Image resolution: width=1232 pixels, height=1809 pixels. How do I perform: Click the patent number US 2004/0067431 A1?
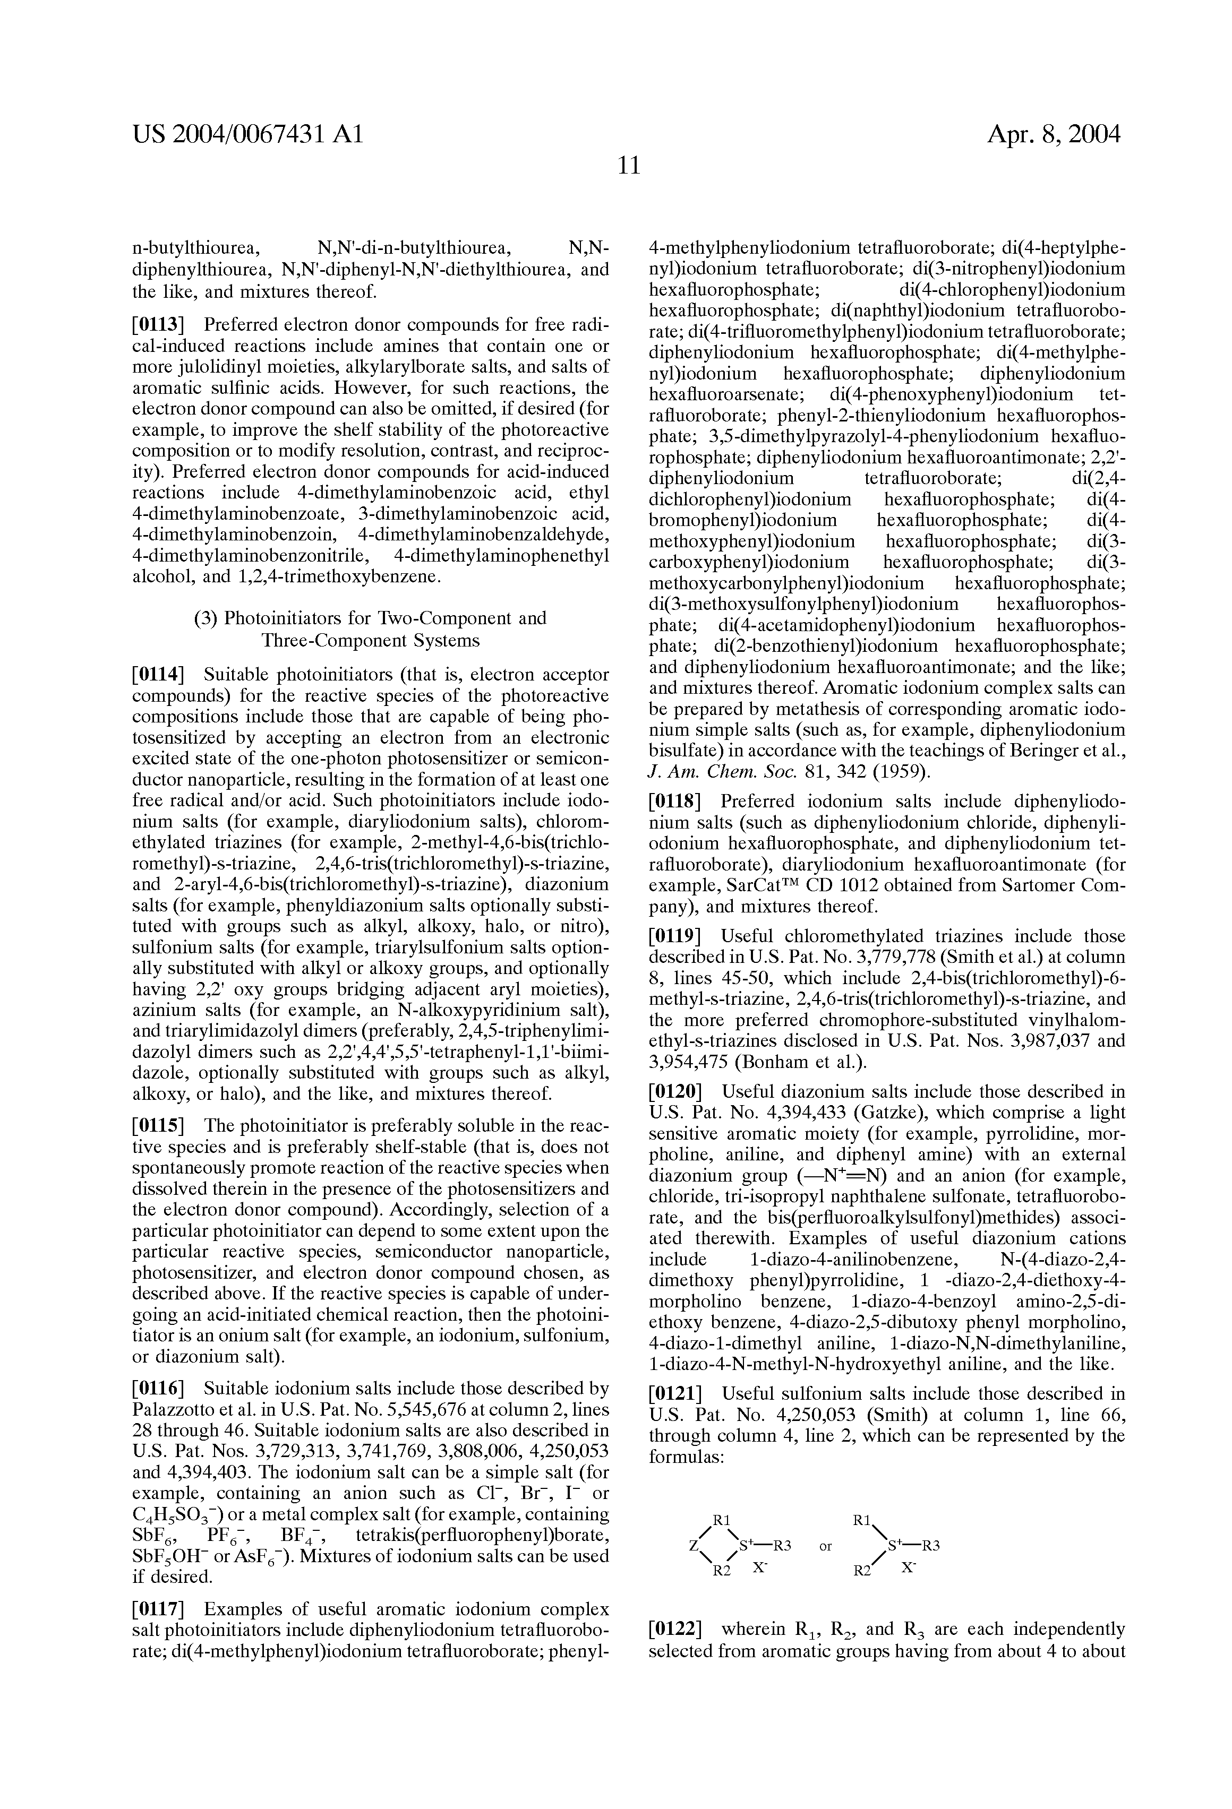pyautogui.click(x=247, y=135)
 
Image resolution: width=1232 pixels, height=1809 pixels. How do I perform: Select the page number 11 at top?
pyautogui.click(x=628, y=166)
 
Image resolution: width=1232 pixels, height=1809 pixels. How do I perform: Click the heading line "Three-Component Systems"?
pyautogui.click(x=370, y=641)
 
